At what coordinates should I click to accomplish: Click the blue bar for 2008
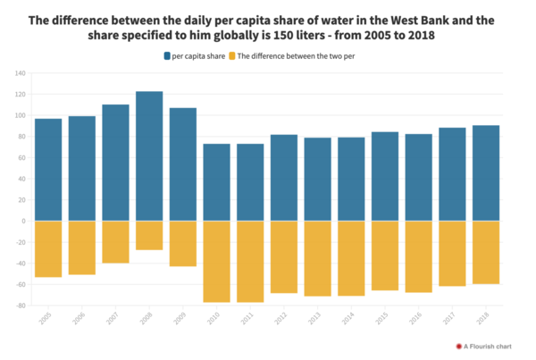click(x=149, y=156)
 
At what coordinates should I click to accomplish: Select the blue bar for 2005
click(x=48, y=170)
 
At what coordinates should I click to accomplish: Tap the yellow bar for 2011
click(x=250, y=261)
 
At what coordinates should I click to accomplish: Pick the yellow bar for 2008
click(x=149, y=235)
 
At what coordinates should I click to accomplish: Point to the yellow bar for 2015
click(x=385, y=255)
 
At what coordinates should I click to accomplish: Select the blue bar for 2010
click(x=217, y=182)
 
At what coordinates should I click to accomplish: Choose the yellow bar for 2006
click(x=82, y=247)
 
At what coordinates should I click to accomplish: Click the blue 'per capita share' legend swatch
click(x=167, y=56)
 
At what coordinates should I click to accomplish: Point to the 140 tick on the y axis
click(x=19, y=73)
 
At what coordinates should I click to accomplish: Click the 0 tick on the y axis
click(x=22, y=221)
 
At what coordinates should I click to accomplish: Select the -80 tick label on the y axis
click(x=19, y=306)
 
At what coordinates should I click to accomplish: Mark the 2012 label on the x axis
click(x=282, y=318)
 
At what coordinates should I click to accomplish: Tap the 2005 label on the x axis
click(x=46, y=318)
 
